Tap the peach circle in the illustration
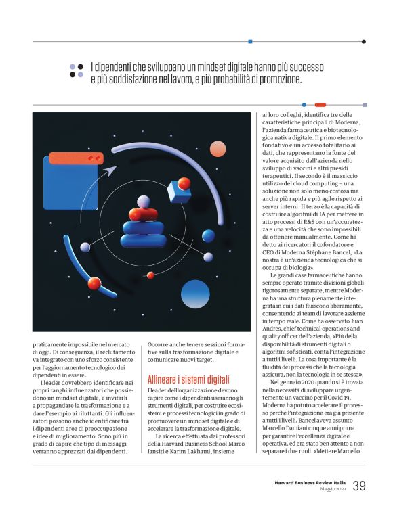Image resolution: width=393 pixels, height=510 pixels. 218,149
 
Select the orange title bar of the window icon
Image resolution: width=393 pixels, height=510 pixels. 76,158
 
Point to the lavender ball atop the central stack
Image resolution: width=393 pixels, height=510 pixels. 143,201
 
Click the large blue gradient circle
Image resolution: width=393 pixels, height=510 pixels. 195,294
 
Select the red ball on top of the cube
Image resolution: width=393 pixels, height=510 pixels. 184,183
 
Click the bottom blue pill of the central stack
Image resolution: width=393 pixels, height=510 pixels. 143,240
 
